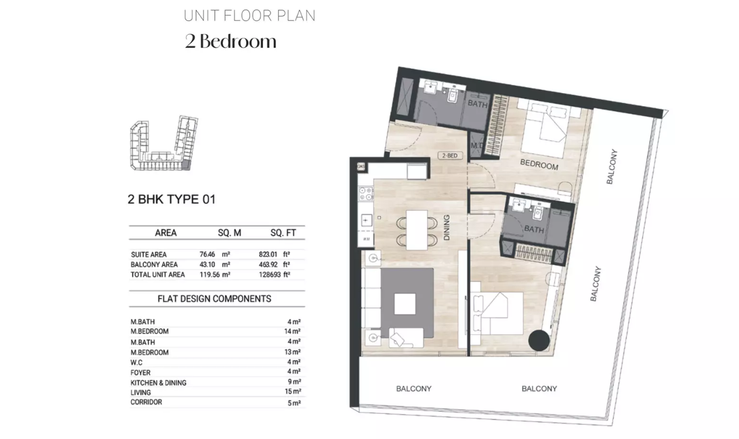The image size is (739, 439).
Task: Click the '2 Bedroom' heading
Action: [231, 41]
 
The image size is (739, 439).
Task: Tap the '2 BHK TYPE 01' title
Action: [171, 199]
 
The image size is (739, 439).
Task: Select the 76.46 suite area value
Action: [207, 255]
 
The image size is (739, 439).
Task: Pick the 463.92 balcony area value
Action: [268, 264]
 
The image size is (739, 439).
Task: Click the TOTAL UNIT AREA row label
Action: [158, 275]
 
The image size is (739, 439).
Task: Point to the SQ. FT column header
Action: [283, 233]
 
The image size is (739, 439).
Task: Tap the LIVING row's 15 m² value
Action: [293, 391]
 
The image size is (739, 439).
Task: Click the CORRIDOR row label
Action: [146, 402]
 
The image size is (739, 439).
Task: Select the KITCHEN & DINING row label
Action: [159, 383]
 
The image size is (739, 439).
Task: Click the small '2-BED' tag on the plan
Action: [450, 156]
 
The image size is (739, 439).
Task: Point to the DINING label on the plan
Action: [446, 227]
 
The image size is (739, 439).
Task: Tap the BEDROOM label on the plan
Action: [539, 164]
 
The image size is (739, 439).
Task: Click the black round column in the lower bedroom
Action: [539, 340]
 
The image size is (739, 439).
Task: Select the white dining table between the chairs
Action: [417, 230]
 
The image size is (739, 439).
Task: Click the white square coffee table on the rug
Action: [405, 304]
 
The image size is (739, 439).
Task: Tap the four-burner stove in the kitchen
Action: [366, 194]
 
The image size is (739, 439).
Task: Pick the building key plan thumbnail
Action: [164, 143]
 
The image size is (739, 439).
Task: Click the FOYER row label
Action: [140, 373]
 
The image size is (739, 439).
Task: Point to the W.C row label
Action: [136, 363]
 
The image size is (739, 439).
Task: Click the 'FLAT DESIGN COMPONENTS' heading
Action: [214, 298]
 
